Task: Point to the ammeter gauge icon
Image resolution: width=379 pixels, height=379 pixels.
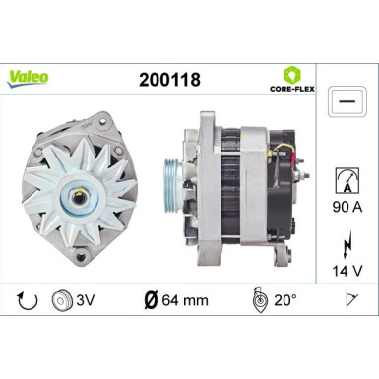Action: [346, 178]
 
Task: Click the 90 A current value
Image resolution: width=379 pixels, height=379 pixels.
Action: [346, 208]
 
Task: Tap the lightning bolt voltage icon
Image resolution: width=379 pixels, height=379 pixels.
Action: [347, 241]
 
